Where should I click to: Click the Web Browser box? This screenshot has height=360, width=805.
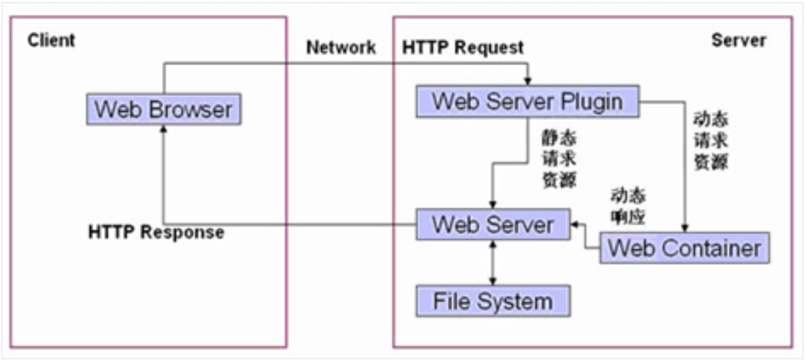[163, 109]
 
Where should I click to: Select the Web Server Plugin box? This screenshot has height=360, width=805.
[527, 101]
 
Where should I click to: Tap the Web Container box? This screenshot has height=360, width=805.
[684, 248]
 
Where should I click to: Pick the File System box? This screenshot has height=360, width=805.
[493, 301]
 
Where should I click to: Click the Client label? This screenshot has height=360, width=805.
[51, 40]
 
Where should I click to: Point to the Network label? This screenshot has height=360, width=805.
[341, 48]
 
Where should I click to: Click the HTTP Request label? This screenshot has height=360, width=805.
[462, 48]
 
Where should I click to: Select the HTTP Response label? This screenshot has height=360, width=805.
[156, 233]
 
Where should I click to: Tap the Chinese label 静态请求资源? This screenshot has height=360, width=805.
[558, 160]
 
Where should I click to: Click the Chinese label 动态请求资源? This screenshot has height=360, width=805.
[710, 141]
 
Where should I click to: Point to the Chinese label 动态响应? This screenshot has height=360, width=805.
[628, 207]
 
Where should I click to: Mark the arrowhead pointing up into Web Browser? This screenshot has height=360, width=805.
[163, 129]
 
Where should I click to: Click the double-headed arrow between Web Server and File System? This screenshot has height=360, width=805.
[493, 263]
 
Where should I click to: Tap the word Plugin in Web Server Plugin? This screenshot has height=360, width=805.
[590, 101]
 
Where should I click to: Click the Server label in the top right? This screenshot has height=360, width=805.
[738, 40]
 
